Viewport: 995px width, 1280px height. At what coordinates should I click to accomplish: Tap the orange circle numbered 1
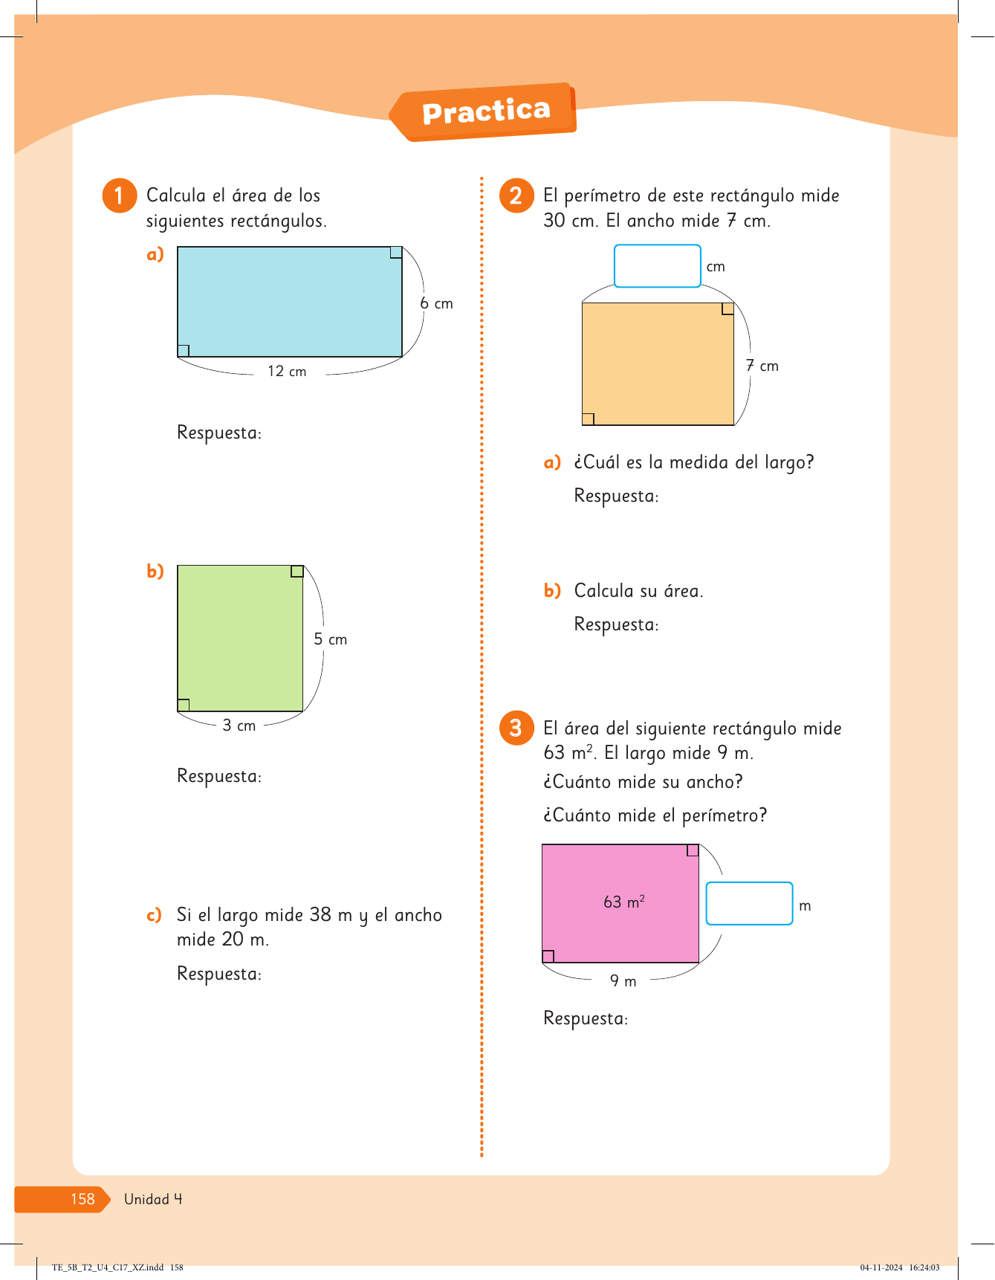coord(119,195)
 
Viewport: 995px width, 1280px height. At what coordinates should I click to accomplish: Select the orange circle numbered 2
coord(516,195)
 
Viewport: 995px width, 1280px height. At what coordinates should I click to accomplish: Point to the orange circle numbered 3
coord(516,728)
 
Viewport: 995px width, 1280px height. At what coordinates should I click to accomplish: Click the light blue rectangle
coord(289,301)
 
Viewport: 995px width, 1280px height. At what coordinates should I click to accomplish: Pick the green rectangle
coord(240,638)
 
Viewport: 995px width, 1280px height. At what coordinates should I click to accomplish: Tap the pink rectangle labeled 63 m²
coord(620,902)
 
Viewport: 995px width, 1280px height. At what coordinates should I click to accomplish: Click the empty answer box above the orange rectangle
coord(657,266)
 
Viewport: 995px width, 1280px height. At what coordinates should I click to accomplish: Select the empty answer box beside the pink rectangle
coord(749,903)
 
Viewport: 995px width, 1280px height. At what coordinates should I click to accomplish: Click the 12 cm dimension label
coord(287,371)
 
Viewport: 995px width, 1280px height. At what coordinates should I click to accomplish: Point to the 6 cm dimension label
coord(436,303)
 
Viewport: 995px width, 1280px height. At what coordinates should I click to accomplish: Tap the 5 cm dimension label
coord(330,639)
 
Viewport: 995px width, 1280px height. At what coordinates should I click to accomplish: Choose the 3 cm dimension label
coord(239,725)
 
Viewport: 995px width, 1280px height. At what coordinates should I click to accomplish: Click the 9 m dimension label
coord(623,981)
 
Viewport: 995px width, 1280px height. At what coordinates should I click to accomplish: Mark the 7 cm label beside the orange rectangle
coord(762,366)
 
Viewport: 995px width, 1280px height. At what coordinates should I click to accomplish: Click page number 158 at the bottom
coord(82,1199)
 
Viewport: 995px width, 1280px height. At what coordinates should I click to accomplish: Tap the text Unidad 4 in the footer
coord(153,1199)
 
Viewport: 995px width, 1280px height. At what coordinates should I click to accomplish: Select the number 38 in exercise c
coord(320,914)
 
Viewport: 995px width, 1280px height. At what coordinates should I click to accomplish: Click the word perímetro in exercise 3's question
coord(724,815)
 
